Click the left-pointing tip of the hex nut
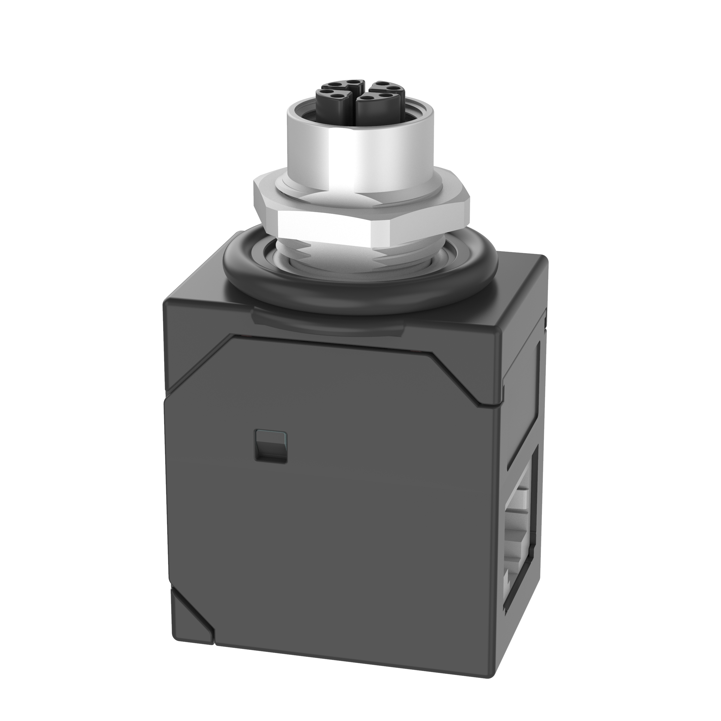coord(255,187)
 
